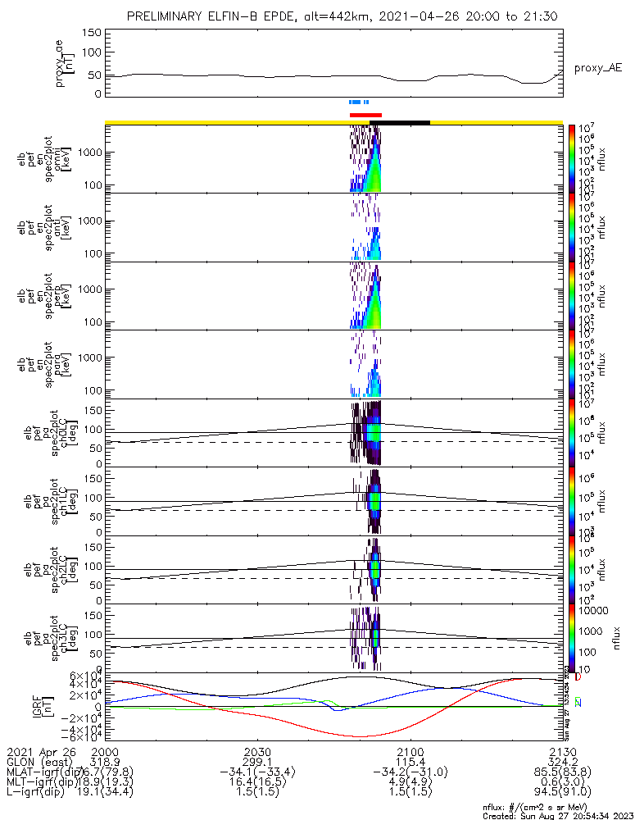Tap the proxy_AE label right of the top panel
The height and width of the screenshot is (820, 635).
597,68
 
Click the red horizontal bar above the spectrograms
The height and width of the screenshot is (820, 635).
365,115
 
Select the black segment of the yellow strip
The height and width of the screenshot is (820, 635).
400,122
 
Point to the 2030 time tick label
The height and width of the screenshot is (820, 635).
257,752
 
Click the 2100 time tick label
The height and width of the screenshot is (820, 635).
410,752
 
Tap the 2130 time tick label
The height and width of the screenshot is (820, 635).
563,752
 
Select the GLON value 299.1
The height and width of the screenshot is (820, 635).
257,762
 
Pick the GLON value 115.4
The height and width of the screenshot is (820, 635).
410,762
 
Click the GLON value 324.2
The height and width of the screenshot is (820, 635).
563,762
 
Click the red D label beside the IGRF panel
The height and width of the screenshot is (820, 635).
578,678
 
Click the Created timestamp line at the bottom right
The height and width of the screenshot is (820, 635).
558,816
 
